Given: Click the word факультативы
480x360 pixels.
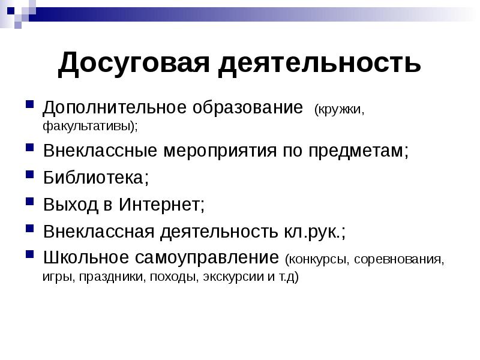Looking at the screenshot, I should click(88, 127).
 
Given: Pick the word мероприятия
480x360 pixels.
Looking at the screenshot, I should click(218, 151).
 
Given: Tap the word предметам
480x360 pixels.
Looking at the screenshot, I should click(360, 151).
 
